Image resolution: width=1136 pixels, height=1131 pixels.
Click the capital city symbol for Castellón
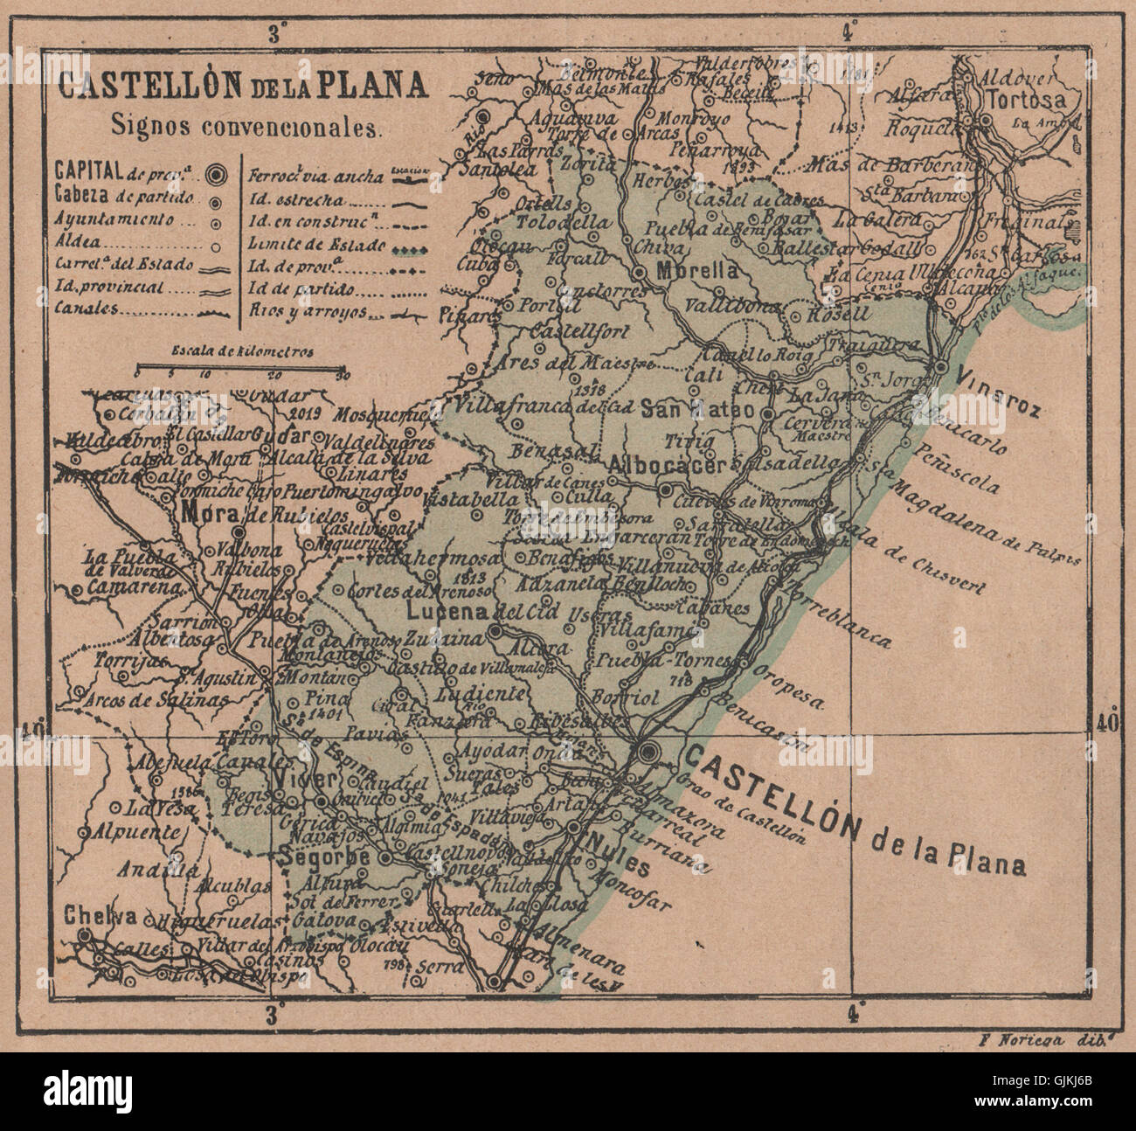(648, 751)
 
